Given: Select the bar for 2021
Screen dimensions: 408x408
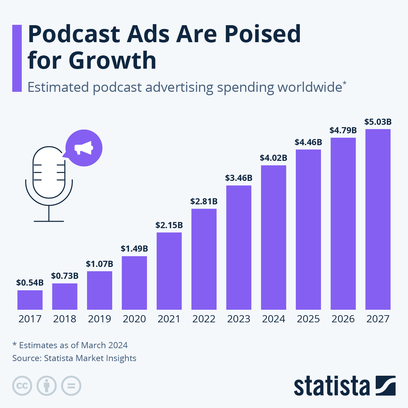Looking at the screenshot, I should [169, 271].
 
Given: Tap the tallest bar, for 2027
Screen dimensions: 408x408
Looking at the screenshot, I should [378, 219].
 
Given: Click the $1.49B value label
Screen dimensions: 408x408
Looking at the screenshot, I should [134, 249].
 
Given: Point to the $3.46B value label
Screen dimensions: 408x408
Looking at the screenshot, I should [239, 178].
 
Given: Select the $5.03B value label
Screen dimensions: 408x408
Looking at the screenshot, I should [378, 122].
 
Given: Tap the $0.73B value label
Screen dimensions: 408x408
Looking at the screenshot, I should [65, 276].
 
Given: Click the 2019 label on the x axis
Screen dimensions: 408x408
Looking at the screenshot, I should [99, 319].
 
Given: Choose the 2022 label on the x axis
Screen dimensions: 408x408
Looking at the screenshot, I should [204, 319].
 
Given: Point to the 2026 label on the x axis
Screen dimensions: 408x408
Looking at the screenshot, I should [343, 319].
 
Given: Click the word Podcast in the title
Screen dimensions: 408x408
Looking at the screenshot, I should [74, 34].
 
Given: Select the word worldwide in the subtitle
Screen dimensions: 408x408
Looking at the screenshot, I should [309, 87].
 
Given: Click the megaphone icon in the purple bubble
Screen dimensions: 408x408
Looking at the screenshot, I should [84, 148].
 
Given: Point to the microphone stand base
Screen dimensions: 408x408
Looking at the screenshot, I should [49, 221].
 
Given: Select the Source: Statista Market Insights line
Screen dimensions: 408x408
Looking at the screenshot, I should [74, 358].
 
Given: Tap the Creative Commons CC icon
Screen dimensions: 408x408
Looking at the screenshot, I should [22, 386].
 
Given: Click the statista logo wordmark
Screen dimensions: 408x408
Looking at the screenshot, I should [331, 386].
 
